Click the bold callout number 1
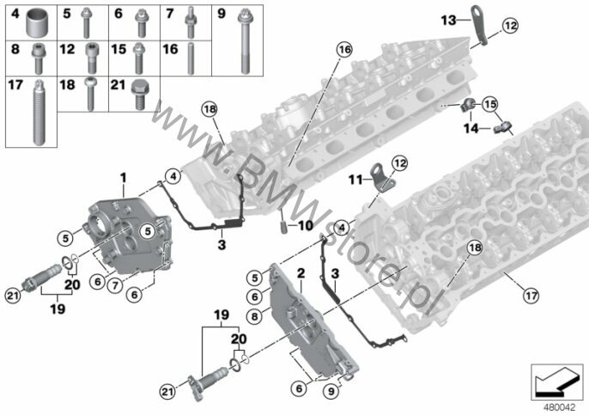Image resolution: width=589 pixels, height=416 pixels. (124, 177)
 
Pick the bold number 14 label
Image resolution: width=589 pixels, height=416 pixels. (470, 128)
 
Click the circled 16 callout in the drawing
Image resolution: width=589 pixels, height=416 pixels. (344, 49)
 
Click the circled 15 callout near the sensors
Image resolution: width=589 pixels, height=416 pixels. (489, 105)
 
